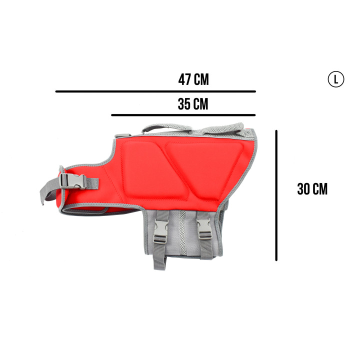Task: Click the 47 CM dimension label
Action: [193, 79]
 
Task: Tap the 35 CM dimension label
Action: [193, 104]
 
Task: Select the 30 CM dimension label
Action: [312, 189]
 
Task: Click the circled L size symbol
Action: [336, 79]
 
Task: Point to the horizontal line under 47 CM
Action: [155, 91]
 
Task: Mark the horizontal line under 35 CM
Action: [183, 115]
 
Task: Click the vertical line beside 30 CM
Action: [276, 195]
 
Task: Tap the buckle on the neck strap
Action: [73, 181]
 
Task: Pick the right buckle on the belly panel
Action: [204, 228]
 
